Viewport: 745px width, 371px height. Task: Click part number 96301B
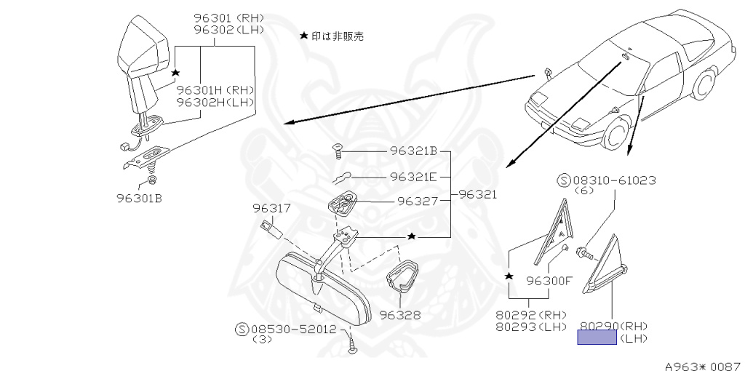point(138,196)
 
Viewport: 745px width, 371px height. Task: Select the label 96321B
point(413,153)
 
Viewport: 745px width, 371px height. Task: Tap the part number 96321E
point(413,177)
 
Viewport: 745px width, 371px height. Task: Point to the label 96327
point(418,202)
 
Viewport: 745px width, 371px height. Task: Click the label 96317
point(272,209)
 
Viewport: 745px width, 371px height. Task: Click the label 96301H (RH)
point(216,90)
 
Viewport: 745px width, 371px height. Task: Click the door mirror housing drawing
point(146,51)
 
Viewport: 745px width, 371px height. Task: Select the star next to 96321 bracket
point(412,236)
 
